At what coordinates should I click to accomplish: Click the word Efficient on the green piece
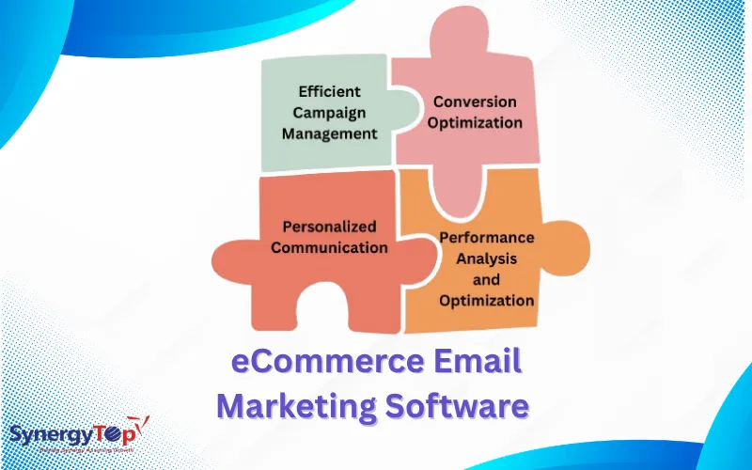pyautogui.click(x=329, y=92)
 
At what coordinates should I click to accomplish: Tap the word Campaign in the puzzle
pyautogui.click(x=329, y=113)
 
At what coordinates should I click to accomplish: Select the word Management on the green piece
pyautogui.click(x=329, y=133)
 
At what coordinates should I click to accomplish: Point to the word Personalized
pyautogui.click(x=329, y=227)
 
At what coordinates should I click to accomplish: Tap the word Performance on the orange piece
pyautogui.click(x=487, y=237)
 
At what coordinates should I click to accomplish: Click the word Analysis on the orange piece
pyautogui.click(x=487, y=258)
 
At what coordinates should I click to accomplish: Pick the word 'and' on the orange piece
pyautogui.click(x=486, y=279)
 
